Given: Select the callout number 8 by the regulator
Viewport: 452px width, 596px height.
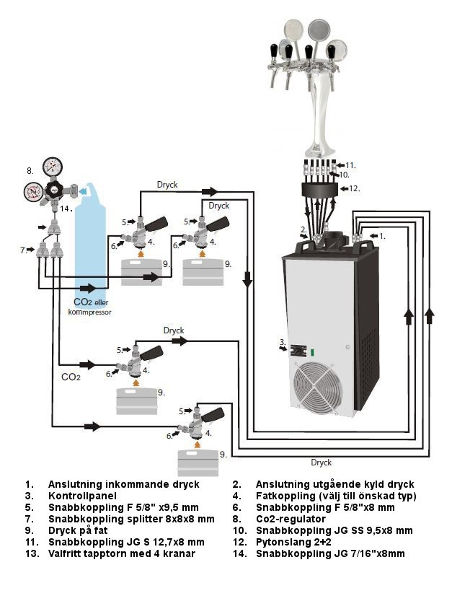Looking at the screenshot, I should coord(30,172).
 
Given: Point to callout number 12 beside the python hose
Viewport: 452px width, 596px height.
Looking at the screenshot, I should coord(354,188).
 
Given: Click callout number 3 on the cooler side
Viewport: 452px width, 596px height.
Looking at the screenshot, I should coord(283,341).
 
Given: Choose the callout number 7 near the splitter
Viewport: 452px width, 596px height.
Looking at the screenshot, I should coord(23,250).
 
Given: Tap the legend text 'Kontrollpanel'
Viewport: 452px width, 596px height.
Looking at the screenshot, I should coord(79,496).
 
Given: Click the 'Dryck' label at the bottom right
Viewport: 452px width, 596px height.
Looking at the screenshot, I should coord(321,462).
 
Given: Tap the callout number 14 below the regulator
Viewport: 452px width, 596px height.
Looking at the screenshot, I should coord(65,209).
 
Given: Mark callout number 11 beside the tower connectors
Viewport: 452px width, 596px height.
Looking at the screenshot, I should coord(350,165).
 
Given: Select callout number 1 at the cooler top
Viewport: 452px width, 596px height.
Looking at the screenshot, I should coord(382,235).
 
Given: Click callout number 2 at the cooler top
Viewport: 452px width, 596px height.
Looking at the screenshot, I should coord(304,230).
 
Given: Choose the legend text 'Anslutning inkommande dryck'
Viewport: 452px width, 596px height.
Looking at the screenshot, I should coord(123,485).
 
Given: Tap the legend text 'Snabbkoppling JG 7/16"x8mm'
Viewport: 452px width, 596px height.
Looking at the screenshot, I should coord(330,553).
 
